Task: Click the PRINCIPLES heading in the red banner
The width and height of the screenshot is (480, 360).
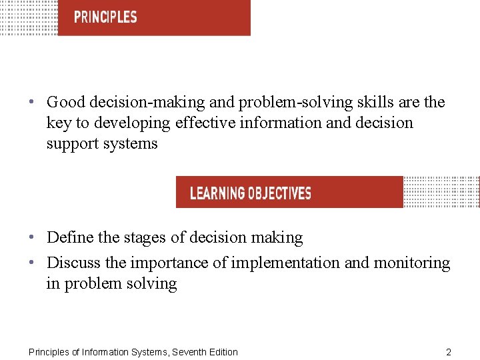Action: tap(105, 17)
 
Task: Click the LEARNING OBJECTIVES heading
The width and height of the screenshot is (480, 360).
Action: tap(251, 194)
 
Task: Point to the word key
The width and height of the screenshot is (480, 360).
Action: tap(57, 123)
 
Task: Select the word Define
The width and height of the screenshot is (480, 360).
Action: tap(70, 237)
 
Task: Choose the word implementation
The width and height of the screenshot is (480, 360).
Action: tap(285, 263)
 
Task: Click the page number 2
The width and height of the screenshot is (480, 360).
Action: tap(448, 352)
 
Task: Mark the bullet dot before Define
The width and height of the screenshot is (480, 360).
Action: tap(33, 237)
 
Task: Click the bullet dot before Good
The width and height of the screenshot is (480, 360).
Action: tap(33, 103)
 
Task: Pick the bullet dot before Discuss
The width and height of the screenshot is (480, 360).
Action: tap(33, 263)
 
